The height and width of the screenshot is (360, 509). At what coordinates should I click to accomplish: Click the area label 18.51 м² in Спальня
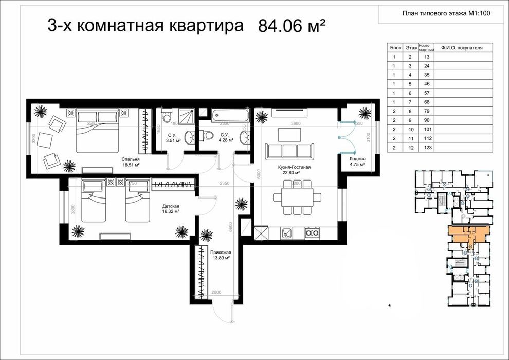[132, 166]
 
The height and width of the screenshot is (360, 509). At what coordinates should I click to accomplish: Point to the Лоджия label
[357, 159]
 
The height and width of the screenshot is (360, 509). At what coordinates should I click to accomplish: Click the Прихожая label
[221, 252]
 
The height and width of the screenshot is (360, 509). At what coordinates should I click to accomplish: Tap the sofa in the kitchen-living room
[289, 151]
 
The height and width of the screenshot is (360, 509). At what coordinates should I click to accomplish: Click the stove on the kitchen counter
[311, 233]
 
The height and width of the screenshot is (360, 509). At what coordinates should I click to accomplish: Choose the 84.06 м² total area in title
[293, 26]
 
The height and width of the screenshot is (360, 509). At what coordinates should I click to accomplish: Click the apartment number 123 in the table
[427, 148]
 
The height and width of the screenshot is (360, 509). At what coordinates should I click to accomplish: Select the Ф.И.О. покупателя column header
[466, 47]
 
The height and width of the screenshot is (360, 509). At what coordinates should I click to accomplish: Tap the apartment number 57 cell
[427, 93]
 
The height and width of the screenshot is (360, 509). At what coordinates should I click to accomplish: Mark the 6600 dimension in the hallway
[231, 225]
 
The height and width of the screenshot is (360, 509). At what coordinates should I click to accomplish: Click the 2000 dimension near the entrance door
[216, 292]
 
